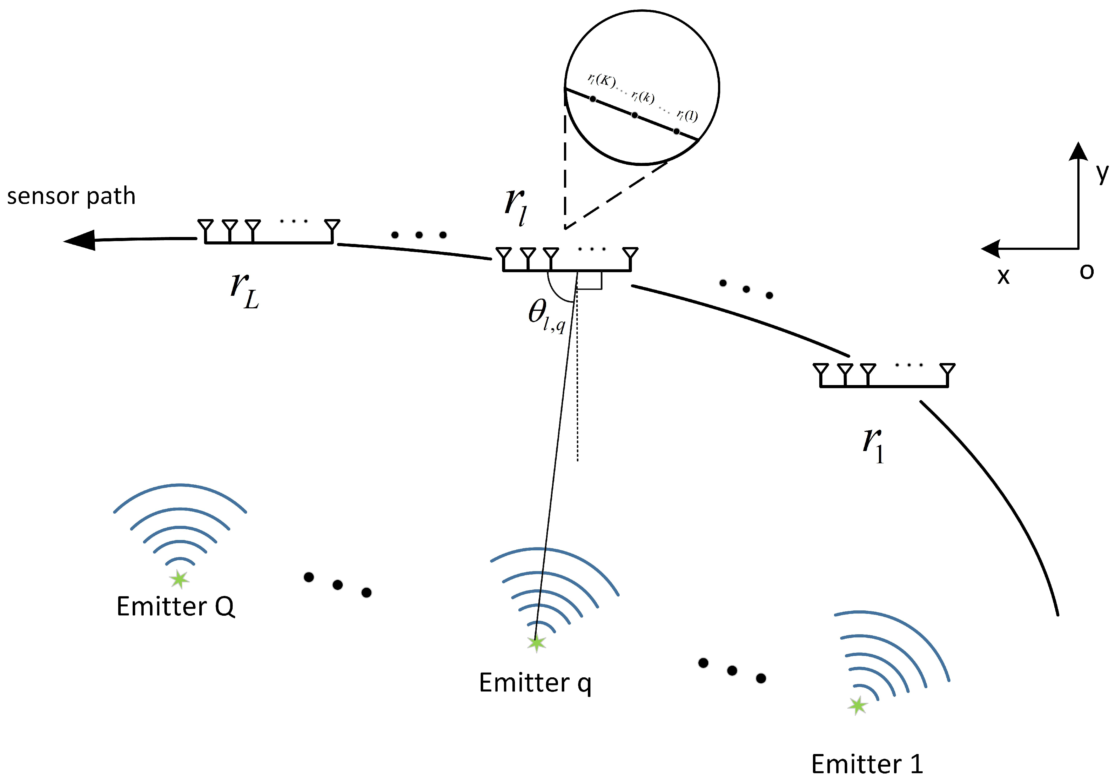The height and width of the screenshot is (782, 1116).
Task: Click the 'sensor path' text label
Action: (71, 196)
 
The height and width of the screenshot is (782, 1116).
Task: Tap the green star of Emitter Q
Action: (180, 579)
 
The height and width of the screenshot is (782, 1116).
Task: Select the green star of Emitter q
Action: (536, 643)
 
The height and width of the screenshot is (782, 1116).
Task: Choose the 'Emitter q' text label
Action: (535, 683)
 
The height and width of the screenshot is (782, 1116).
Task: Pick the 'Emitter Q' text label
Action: (175, 607)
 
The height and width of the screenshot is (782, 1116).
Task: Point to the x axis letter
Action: (1003, 276)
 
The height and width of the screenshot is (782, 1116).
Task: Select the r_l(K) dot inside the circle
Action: (593, 99)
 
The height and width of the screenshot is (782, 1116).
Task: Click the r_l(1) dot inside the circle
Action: (676, 131)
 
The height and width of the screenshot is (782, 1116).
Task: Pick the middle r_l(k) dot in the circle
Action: (634, 115)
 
